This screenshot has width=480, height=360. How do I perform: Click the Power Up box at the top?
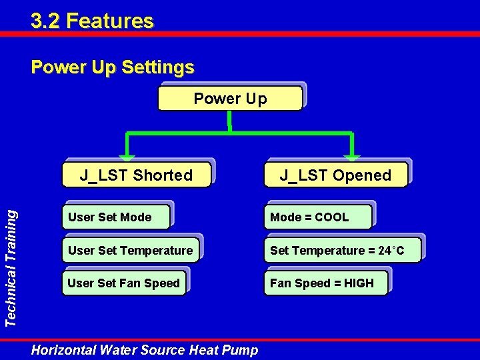pos(230,99)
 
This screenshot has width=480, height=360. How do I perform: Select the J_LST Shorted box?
pos(136,175)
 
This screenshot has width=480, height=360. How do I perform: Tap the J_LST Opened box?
pos(335,175)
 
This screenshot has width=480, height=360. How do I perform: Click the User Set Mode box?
pos(115,217)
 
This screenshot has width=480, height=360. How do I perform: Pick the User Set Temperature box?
pos(130,251)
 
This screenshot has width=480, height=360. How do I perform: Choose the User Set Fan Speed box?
pos(123,283)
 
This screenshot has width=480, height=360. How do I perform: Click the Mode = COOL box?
pos(317,217)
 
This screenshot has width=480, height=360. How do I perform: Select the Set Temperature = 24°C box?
pos(342,251)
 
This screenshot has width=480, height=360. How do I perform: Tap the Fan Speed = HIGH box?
pos(325,283)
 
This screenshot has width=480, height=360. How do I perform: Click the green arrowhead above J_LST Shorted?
pos(127,158)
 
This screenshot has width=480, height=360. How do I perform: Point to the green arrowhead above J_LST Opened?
pos(352,158)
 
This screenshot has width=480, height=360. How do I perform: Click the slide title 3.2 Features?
pos(92,21)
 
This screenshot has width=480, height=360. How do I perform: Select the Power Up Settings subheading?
pos(113,67)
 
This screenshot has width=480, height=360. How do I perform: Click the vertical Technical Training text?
pos(11,267)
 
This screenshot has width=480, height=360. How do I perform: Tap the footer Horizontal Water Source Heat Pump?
pos(145,349)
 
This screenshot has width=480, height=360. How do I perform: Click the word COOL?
pos(331,217)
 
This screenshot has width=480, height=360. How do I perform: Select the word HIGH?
pos(359,283)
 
